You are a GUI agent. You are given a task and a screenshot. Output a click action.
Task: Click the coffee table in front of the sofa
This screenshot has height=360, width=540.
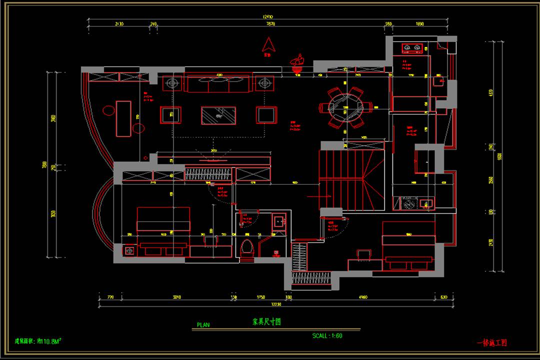pos(218,115)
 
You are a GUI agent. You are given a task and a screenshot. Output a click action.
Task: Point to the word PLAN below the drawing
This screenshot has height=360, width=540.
pos(203,324)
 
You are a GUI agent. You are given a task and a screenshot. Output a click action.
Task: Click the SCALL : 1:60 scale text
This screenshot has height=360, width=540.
pos(327,336)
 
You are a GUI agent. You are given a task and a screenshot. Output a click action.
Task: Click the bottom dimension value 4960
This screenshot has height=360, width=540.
pos(363,297)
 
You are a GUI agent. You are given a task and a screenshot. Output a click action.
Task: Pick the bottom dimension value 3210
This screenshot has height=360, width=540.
pos(177,297)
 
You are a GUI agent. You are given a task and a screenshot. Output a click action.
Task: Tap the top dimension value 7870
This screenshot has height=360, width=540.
pos(270,24)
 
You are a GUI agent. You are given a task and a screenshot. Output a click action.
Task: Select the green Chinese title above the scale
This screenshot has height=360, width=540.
pos(266,322)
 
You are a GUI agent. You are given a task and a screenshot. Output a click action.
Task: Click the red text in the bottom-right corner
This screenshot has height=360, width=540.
pos(492,343)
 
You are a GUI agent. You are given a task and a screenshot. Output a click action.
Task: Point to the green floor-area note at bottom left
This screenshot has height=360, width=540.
pos(38,341)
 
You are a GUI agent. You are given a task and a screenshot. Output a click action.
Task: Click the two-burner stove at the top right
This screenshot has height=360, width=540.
pos(412,48)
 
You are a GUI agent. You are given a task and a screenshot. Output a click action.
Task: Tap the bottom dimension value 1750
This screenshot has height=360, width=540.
pos(260,297)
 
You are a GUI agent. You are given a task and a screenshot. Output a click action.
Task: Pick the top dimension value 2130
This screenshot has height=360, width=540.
pos(119,24)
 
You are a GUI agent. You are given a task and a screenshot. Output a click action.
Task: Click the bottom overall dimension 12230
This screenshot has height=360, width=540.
pos(276,303)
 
